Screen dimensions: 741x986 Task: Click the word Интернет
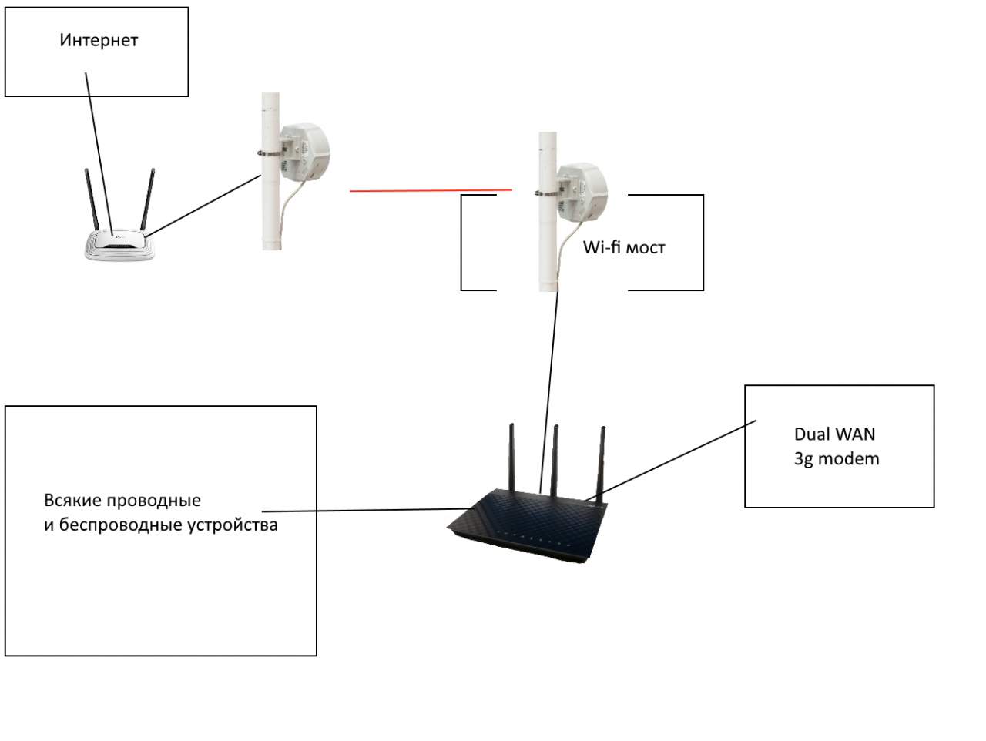coord(98,40)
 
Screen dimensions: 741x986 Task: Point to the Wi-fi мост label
coord(623,247)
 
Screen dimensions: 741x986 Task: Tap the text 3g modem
coord(836,459)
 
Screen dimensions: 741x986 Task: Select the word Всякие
coord(72,500)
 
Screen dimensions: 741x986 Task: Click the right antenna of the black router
coord(602,458)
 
